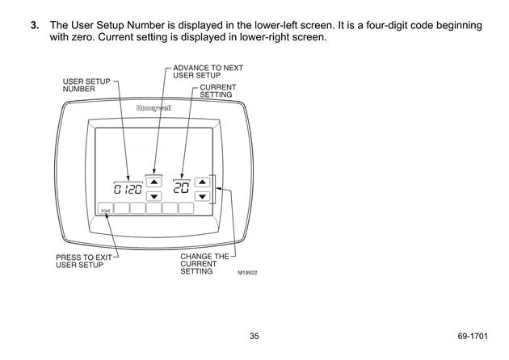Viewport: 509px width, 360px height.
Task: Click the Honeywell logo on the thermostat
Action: point(154,108)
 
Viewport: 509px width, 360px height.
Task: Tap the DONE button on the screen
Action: point(106,208)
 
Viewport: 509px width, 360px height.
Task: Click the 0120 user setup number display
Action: point(128,189)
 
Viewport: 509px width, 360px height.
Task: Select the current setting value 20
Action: point(181,187)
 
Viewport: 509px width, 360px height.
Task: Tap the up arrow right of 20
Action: point(202,182)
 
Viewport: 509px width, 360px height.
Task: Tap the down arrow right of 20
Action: point(202,196)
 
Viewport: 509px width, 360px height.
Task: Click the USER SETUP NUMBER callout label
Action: point(86,85)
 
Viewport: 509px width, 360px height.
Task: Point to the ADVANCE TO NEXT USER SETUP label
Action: point(208,72)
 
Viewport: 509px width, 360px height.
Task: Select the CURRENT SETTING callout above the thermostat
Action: point(218,91)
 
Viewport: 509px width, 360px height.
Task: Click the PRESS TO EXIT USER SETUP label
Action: point(84,261)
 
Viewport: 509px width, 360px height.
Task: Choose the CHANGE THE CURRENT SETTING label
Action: point(204,264)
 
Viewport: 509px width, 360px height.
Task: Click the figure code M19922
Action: point(248,273)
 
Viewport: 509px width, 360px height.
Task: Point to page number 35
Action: point(254,336)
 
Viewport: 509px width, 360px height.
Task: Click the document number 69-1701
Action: point(473,336)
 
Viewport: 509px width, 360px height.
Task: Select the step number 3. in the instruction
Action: point(35,25)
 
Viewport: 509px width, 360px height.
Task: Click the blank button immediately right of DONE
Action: point(122,208)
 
